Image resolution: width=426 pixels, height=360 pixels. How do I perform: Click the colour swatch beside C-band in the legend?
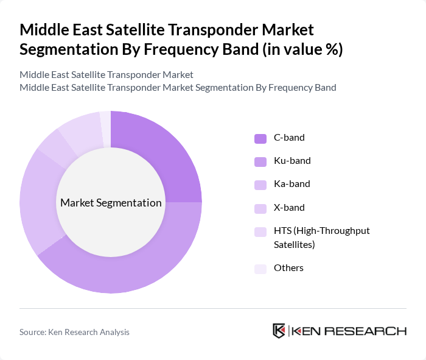click(x=260, y=138)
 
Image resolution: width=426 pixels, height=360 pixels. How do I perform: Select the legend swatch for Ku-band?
click(x=260, y=161)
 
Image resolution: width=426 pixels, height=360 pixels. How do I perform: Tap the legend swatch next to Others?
click(x=260, y=269)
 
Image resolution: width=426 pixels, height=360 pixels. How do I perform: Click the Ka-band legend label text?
click(x=292, y=184)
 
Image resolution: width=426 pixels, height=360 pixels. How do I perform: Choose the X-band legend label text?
click(x=289, y=207)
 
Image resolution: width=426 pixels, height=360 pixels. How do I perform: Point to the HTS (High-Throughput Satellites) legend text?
click(x=321, y=237)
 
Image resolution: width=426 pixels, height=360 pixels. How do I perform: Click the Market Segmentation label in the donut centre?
click(x=111, y=203)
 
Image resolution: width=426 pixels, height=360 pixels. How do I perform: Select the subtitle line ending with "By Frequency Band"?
click(x=178, y=87)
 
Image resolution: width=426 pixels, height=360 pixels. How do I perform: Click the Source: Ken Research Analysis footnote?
click(x=74, y=332)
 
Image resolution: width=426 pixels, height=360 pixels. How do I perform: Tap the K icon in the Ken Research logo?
click(x=279, y=331)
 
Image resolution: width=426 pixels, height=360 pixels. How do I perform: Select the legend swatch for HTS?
click(x=260, y=231)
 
